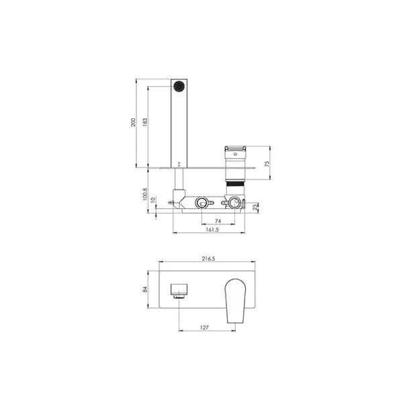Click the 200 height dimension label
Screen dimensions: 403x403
pos(133,122)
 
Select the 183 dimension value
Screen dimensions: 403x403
pos(145,122)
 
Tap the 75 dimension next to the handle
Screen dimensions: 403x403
pos(267,164)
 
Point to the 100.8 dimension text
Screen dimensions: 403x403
pos(145,194)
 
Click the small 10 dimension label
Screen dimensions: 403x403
pos(153,199)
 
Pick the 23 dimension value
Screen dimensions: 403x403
pos(255,208)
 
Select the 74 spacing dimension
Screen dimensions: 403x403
pos(218,221)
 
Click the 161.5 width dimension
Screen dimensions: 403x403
pos(212,230)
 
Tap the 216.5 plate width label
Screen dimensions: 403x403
pos(208,259)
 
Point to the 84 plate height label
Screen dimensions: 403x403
pos(145,289)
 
